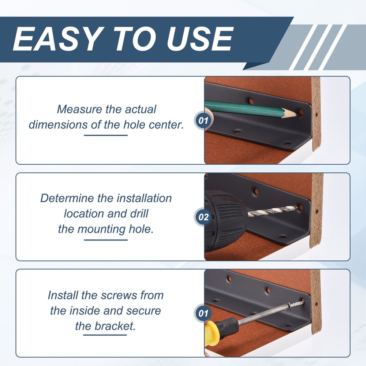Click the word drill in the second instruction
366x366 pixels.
(139, 213)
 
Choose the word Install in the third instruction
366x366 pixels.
(63, 295)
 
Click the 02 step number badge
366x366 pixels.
(203, 217)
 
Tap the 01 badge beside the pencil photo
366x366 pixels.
(203, 120)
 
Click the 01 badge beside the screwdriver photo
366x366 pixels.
(203, 313)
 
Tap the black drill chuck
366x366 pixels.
(225, 221)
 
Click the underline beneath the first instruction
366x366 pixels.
(106, 135)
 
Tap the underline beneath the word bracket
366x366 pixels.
(105, 335)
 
